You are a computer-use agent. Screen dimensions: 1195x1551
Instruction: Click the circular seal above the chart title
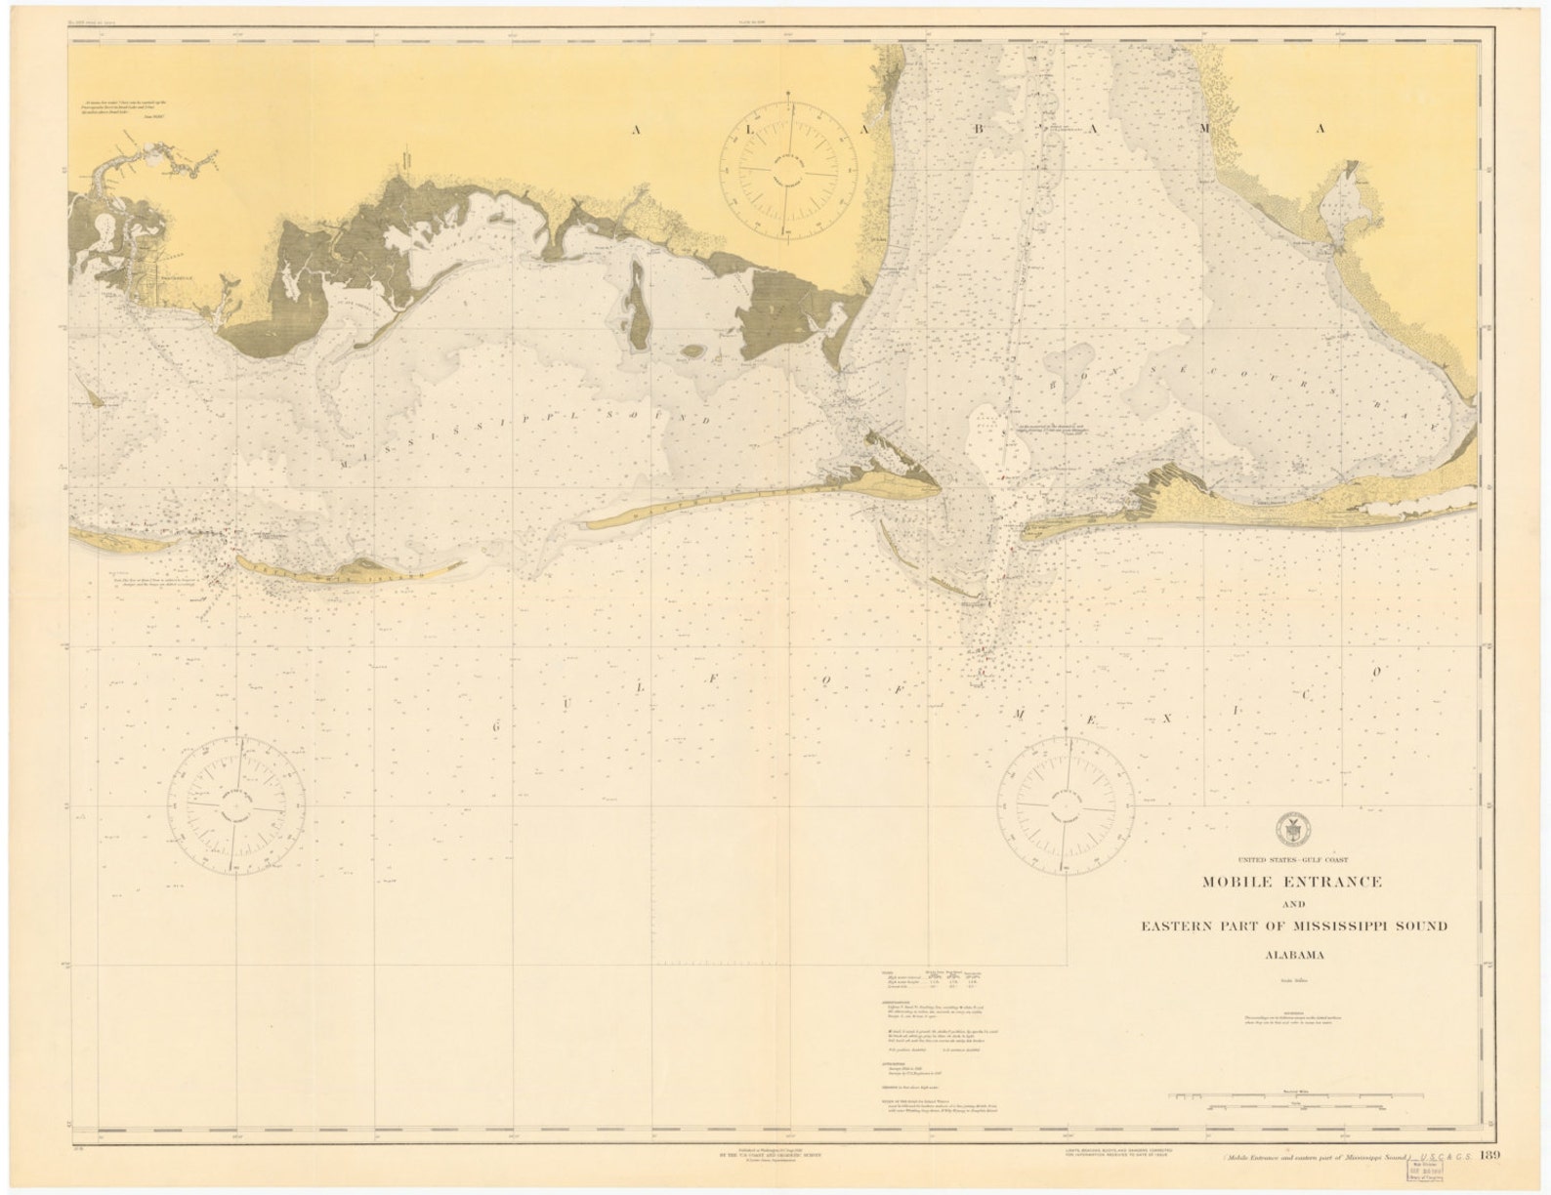1292,830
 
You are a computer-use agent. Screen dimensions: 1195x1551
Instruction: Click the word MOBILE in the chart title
1242,883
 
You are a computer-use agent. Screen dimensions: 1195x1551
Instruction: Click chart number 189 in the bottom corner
1490,1158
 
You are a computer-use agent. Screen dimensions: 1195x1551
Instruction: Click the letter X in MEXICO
1165,719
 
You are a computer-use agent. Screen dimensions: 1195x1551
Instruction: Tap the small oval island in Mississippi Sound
692,350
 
